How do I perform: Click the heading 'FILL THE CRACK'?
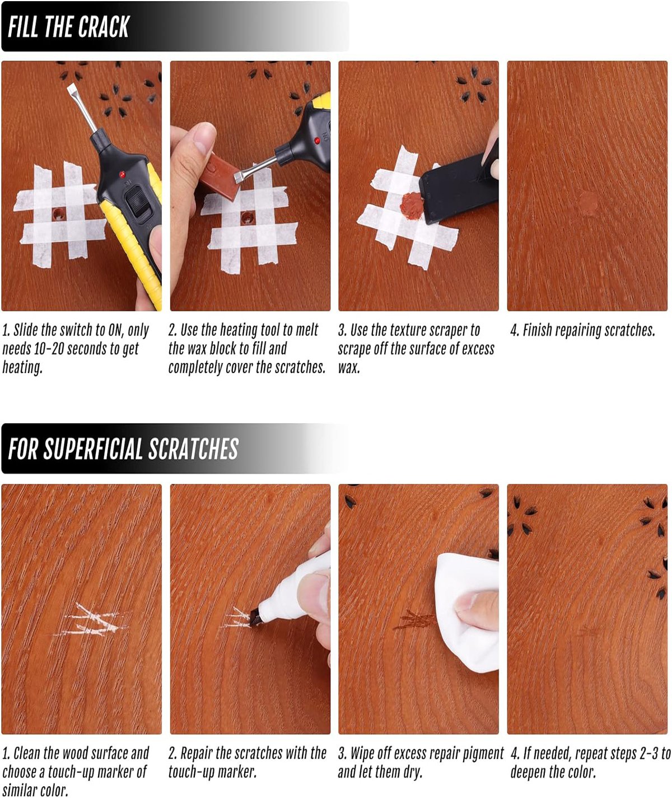pyautogui.click(x=69, y=27)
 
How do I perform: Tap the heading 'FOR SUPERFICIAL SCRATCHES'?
pyautogui.click(x=123, y=449)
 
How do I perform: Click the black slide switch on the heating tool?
pyautogui.click(x=136, y=203)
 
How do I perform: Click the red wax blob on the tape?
pyautogui.click(x=411, y=206)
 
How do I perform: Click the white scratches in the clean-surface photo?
pyautogui.click(x=92, y=620)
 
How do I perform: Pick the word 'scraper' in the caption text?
pyautogui.click(x=445, y=330)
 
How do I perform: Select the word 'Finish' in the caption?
pyautogui.click(x=537, y=330)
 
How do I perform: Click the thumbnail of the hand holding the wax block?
pyautogui.click(x=250, y=186)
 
